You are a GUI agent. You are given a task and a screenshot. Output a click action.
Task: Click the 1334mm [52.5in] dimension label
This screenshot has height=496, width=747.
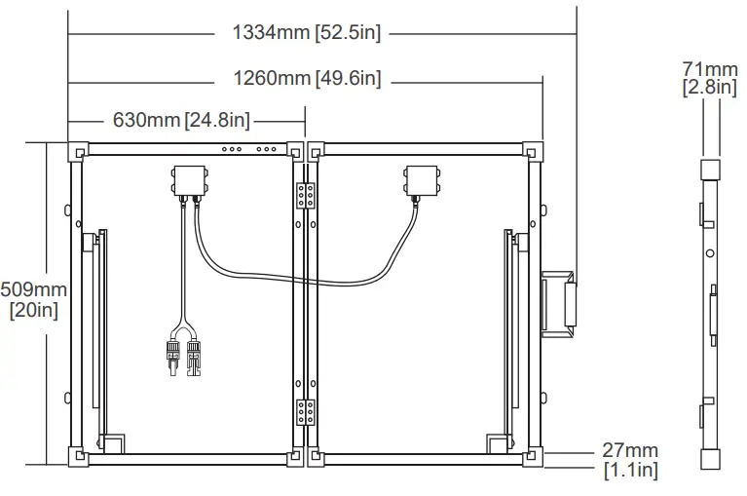coord(307,33)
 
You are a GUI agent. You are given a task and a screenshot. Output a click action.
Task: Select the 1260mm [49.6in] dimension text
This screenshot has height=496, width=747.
coord(308,78)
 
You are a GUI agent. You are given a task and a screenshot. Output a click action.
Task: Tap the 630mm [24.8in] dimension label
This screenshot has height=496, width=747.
coord(181,120)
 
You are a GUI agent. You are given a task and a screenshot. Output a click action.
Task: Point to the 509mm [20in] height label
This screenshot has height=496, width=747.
coord(33,300)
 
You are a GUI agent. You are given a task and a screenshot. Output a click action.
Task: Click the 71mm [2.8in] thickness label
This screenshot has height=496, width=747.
coord(710,78)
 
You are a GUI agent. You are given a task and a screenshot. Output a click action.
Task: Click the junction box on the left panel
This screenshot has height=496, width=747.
coord(190,180)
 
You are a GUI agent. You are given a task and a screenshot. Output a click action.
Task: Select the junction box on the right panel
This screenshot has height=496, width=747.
coord(422,180)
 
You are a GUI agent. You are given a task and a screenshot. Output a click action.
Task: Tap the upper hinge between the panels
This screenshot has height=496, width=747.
coord(306,195)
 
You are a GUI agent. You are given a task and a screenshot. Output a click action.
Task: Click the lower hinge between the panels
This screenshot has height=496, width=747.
coord(306,412)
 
